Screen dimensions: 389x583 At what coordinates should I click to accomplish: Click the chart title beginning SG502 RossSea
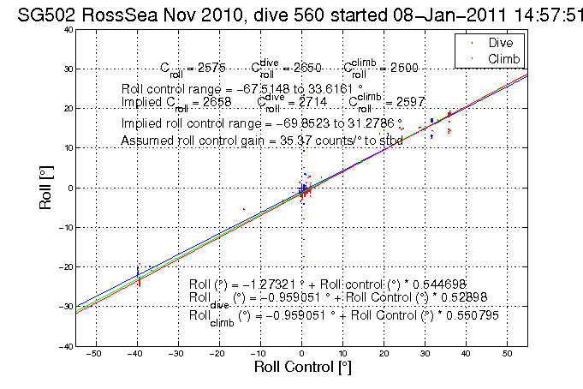291,12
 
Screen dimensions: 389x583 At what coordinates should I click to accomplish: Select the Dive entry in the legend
499,42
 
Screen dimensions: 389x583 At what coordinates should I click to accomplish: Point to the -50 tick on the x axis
95,353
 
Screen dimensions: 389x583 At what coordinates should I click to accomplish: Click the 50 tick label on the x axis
508,353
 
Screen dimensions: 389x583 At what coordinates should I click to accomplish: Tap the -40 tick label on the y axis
63,346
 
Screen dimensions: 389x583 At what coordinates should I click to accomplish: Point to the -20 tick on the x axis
218,353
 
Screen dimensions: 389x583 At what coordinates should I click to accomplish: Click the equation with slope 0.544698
328,284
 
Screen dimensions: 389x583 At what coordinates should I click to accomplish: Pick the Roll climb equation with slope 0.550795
343,315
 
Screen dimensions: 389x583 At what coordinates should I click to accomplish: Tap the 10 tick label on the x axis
342,353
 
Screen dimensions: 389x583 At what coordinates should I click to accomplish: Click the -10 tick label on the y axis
63,227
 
